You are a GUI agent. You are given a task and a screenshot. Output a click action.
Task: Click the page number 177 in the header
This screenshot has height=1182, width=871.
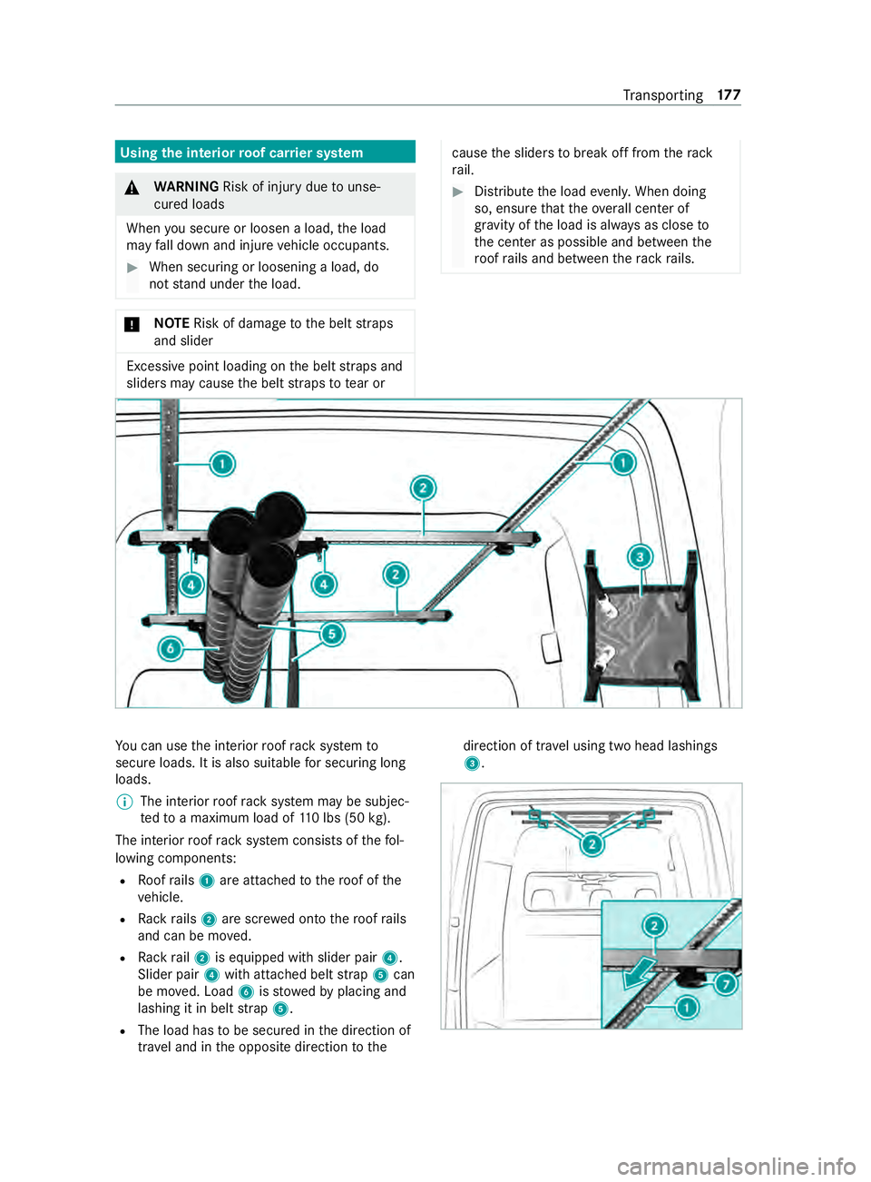(x=729, y=95)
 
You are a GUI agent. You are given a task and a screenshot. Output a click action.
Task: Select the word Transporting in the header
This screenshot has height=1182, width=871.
(x=662, y=95)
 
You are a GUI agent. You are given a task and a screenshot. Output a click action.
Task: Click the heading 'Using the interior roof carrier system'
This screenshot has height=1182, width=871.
(x=241, y=153)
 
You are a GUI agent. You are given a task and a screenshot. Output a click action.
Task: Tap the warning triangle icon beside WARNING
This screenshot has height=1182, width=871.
(x=132, y=188)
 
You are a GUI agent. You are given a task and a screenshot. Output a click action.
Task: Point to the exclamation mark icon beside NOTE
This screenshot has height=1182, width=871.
(x=132, y=324)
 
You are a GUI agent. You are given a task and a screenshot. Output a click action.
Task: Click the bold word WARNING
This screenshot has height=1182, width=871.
(x=186, y=187)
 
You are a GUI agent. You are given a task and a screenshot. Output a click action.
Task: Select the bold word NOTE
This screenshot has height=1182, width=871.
(x=171, y=323)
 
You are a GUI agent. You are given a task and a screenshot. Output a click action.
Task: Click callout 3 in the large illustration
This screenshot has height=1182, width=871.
(x=640, y=557)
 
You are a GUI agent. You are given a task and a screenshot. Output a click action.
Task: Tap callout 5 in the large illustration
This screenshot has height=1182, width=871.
(x=332, y=633)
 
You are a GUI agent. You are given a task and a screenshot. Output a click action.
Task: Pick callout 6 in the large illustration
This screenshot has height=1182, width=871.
(x=171, y=648)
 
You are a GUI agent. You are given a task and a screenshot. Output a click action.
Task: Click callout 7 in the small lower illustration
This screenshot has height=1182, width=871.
(x=725, y=983)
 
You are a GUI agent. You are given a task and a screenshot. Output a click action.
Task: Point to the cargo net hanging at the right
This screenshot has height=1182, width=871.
(x=641, y=631)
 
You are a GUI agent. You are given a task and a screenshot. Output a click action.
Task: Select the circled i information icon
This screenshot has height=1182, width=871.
(x=124, y=802)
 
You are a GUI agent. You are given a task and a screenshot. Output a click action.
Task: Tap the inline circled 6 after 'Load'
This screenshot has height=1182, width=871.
(x=246, y=992)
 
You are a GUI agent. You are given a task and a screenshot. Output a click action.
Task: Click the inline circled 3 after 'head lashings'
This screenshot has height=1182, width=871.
(x=471, y=763)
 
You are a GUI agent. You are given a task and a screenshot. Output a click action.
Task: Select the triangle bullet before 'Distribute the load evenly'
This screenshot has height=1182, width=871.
(x=458, y=192)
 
